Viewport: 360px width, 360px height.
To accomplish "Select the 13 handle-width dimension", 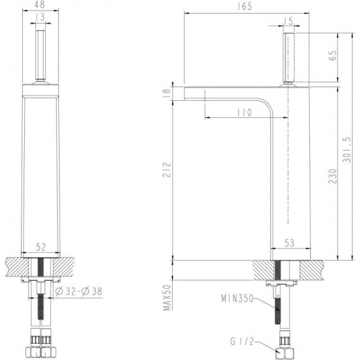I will tap(41, 17).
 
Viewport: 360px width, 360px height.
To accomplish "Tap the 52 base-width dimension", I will tap(41, 247).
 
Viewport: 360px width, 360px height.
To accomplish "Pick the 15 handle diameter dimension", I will tap(288, 21).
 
